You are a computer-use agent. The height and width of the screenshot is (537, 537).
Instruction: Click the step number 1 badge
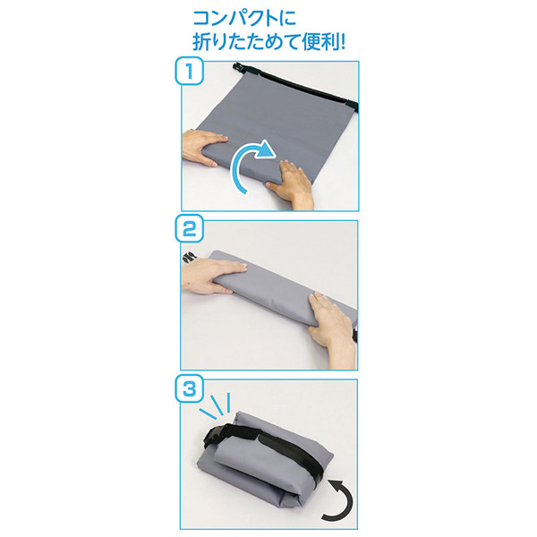pyautogui.click(x=190, y=72)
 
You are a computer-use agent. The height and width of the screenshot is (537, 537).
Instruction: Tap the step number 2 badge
pyautogui.click(x=190, y=229)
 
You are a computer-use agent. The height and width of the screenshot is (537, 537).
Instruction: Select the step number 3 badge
pyautogui.click(x=190, y=388)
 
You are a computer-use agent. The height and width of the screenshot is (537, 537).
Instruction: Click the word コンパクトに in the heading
pyautogui.click(x=244, y=18)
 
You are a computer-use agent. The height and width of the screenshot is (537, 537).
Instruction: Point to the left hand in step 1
pyautogui.click(x=204, y=148)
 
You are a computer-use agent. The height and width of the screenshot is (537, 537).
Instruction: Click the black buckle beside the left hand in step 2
pyautogui.click(x=188, y=259)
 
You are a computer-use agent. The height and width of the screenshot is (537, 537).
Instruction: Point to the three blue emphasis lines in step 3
pyautogui.click(x=216, y=405)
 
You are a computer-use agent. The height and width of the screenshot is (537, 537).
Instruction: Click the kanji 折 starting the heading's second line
pyautogui.click(x=201, y=42)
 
